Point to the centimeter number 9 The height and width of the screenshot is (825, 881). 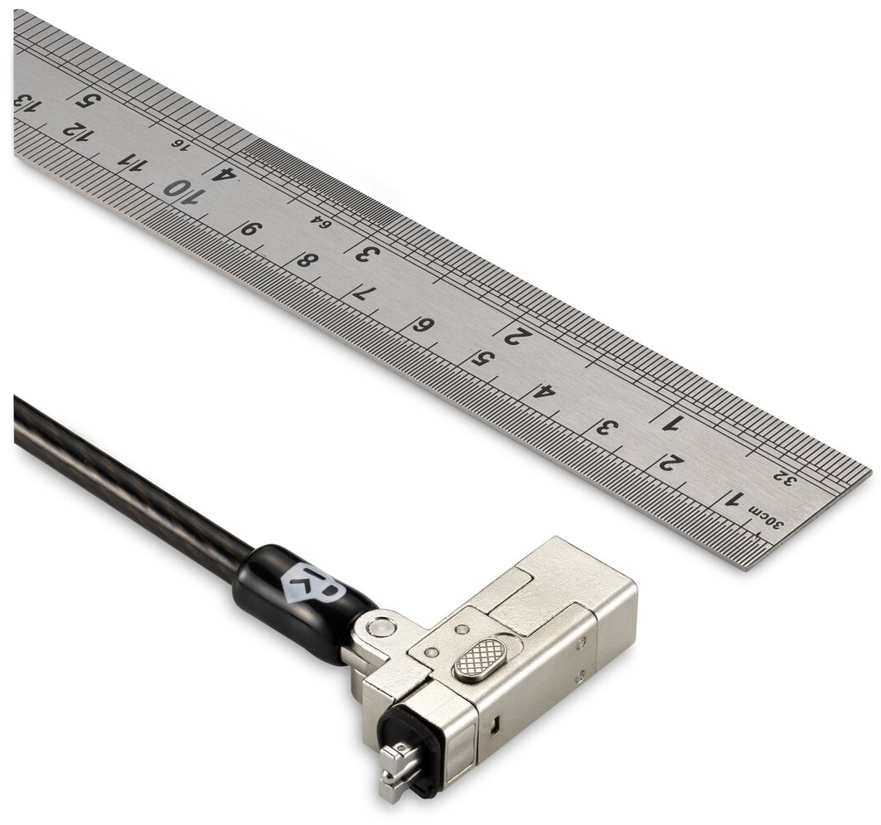(x=250, y=229)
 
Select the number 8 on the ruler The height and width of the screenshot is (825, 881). (x=307, y=260)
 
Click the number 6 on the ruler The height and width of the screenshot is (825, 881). (x=423, y=325)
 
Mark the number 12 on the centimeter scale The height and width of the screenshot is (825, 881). (x=76, y=132)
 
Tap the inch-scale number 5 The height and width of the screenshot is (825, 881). (x=88, y=100)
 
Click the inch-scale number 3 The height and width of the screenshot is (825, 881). (x=368, y=254)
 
